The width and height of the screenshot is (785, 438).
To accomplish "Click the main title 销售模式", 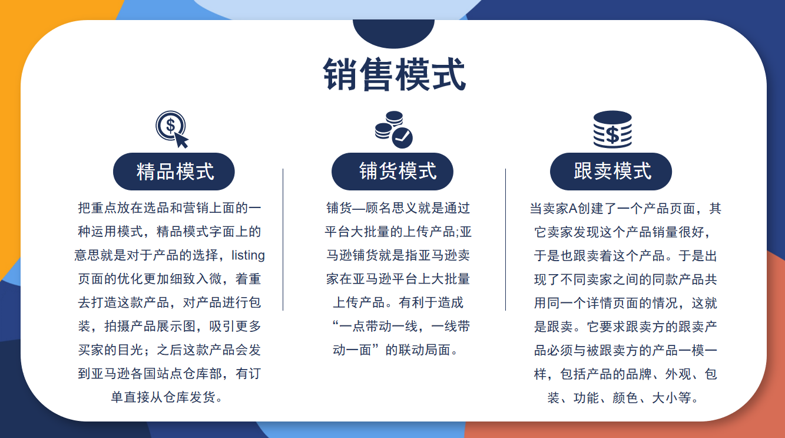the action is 394,75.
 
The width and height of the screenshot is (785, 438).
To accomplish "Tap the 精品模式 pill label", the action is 174,172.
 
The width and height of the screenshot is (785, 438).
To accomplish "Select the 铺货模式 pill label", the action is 392,172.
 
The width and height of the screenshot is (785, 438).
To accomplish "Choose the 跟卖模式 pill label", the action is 611,172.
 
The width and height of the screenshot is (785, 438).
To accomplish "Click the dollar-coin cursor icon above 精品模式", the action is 172,129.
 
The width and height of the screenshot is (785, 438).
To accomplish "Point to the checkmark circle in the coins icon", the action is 402,138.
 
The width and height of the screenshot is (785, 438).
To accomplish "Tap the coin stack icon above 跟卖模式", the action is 612,130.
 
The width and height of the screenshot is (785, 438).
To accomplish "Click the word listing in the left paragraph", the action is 248,255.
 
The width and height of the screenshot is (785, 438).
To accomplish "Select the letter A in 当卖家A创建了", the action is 573,209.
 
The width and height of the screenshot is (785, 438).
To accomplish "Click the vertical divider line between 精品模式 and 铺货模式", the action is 283,239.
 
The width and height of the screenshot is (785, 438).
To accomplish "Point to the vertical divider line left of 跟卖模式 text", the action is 505,239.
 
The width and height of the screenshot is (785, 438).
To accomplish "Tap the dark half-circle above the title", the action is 393,34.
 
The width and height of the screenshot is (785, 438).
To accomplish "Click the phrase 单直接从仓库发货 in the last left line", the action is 163,397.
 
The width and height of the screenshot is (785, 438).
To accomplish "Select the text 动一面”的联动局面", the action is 392,350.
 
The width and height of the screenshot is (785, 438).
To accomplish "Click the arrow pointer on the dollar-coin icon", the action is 181,140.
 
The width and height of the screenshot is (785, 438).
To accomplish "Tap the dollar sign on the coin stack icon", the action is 612,135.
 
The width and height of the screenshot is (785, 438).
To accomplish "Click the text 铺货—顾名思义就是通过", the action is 398,208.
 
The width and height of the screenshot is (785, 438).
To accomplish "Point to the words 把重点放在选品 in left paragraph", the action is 124,208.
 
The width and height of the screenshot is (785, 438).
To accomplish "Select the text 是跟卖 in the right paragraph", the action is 554,327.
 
